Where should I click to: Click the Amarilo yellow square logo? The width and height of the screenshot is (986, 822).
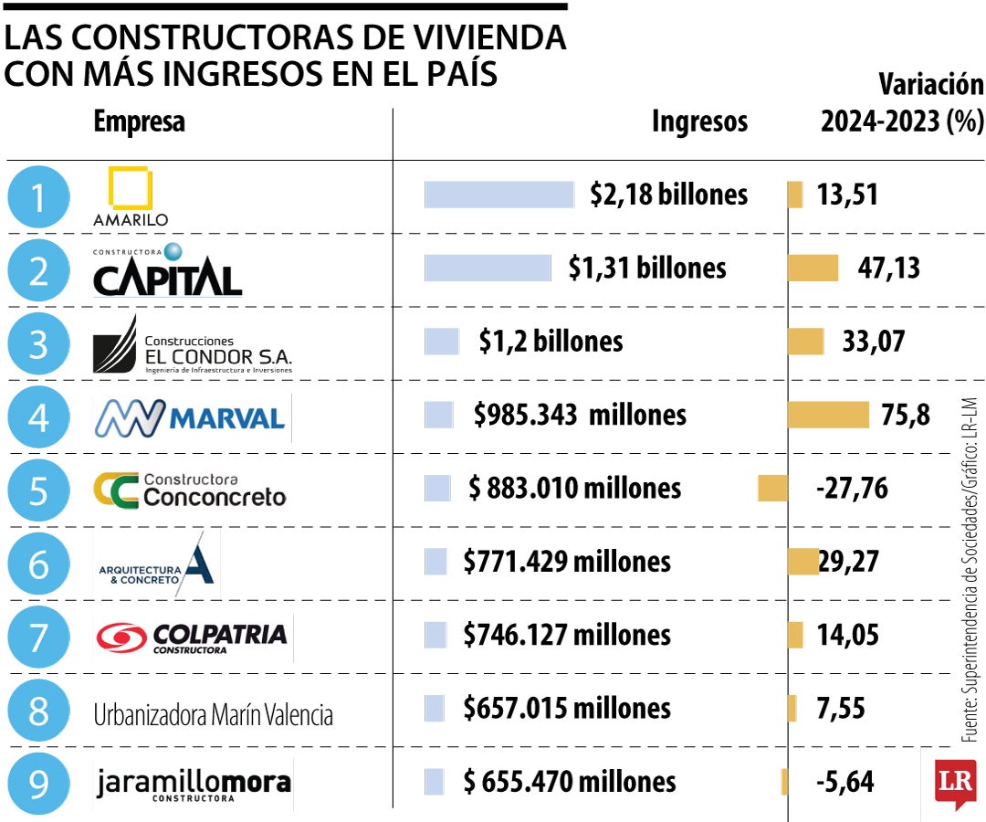(x=130, y=189)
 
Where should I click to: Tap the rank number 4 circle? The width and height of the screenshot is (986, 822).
(x=37, y=417)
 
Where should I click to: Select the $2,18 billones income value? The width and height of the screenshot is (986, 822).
(x=668, y=195)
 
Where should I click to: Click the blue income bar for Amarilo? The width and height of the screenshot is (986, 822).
(x=498, y=195)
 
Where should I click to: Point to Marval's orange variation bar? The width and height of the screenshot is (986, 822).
(x=827, y=415)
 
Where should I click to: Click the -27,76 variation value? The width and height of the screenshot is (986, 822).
(x=851, y=489)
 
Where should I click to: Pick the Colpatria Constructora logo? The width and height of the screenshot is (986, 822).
(x=192, y=636)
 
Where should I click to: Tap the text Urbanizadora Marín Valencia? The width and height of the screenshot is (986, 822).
(x=213, y=714)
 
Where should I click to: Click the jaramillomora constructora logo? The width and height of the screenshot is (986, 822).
(x=193, y=785)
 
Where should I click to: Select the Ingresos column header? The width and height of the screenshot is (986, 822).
(x=699, y=121)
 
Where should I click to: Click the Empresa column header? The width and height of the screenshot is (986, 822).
(x=139, y=121)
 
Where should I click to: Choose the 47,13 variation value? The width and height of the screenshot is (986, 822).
(x=888, y=268)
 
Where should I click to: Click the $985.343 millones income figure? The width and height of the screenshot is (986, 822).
(x=580, y=416)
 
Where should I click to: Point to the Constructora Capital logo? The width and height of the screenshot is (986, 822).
(x=167, y=271)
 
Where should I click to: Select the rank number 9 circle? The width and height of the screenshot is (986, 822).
(x=37, y=784)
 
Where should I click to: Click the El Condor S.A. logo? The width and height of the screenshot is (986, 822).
(x=192, y=345)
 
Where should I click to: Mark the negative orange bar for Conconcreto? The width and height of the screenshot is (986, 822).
(x=772, y=489)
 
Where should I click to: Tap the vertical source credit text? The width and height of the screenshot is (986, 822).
(x=969, y=571)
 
